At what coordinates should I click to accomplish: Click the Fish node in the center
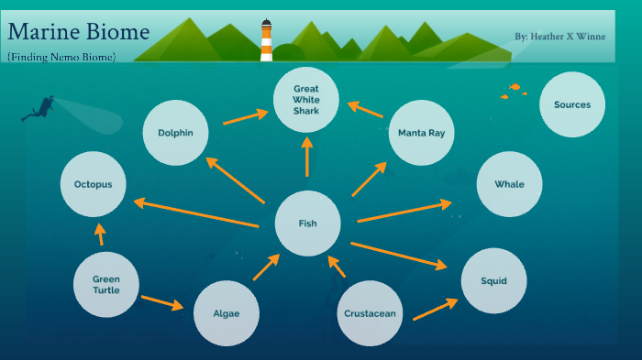pos(308,224)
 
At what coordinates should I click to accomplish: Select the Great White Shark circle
pos(306,100)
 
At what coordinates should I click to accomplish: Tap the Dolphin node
pos(175,133)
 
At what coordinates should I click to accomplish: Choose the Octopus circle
pos(93,184)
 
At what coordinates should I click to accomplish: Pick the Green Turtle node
pos(106,284)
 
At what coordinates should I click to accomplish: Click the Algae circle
pos(227,313)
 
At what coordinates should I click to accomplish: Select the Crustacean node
pos(371,313)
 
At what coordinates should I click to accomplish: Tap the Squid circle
pos(493,280)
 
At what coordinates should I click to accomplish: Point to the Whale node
pos(509,184)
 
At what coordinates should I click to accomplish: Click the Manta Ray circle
pos(421,133)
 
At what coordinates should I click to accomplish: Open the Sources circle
pos(572,104)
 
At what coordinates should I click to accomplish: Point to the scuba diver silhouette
pos(39,108)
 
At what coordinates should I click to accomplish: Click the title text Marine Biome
pos(79,33)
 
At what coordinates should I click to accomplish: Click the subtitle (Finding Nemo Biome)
pos(61,57)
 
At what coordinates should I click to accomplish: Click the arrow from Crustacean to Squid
pos(435,308)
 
